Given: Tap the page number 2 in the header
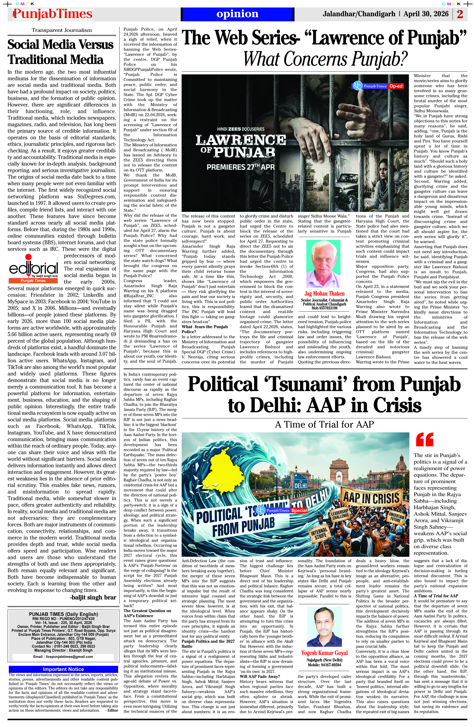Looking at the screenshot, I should [x=460, y=14].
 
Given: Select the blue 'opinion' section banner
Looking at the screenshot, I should [x=237, y=14].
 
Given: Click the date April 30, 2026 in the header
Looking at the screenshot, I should [x=426, y=14].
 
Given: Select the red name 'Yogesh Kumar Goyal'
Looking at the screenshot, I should [x=324, y=653].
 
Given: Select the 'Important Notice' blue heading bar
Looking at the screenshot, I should [x=63, y=669].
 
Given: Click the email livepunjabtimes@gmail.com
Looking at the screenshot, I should [x=63, y=656].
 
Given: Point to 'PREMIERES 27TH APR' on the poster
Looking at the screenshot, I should [x=241, y=167].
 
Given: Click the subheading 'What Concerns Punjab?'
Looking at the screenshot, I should [x=325, y=59].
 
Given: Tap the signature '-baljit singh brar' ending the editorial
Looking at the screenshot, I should [x=93, y=597].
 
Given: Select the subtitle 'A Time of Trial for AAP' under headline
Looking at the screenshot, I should [x=324, y=424].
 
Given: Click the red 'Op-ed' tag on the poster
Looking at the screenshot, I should [x=396, y=86].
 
